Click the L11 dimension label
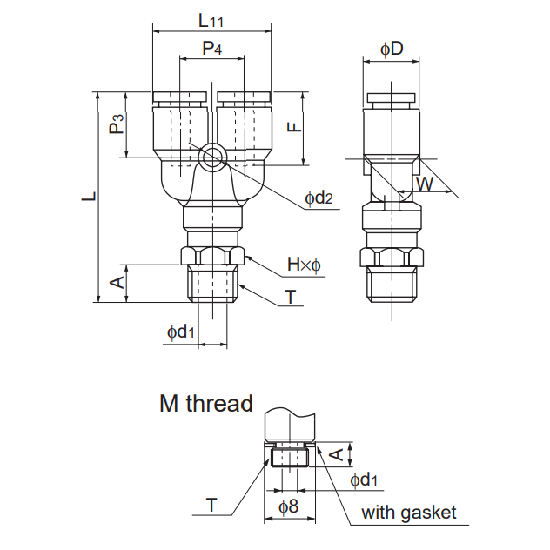pyautogui.click(x=211, y=19)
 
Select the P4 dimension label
pyautogui.click(x=211, y=49)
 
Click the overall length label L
pyautogui.click(x=88, y=197)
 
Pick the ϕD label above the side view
pyautogui.click(x=392, y=49)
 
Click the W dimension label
pyautogui.click(x=425, y=184)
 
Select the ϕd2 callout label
pyautogui.click(x=319, y=198)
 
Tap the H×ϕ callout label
pyautogui.click(x=305, y=264)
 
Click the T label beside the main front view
pyautogui.click(x=290, y=297)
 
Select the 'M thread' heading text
pyautogui.click(x=205, y=404)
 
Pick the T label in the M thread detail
pyautogui.click(x=211, y=504)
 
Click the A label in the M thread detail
pyautogui.click(x=333, y=452)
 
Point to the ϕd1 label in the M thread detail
pyautogui.click(x=364, y=480)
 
